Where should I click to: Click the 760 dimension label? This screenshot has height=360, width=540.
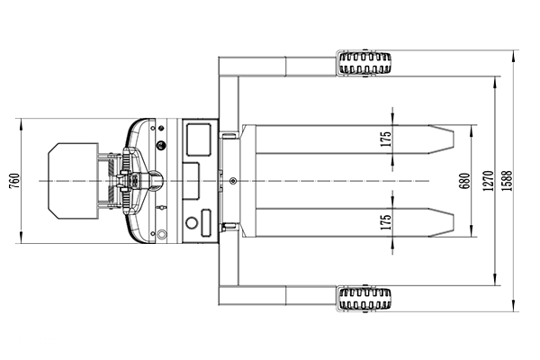[14, 181]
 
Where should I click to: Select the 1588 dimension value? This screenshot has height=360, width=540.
[507, 181]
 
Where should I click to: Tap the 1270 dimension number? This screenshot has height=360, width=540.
[489, 181]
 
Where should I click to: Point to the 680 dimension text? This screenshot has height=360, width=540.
[464, 181]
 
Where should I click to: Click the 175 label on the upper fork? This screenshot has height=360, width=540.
[386, 139]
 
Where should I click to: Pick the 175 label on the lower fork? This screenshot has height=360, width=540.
[386, 222]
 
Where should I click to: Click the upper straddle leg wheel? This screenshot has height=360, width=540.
[365, 63]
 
